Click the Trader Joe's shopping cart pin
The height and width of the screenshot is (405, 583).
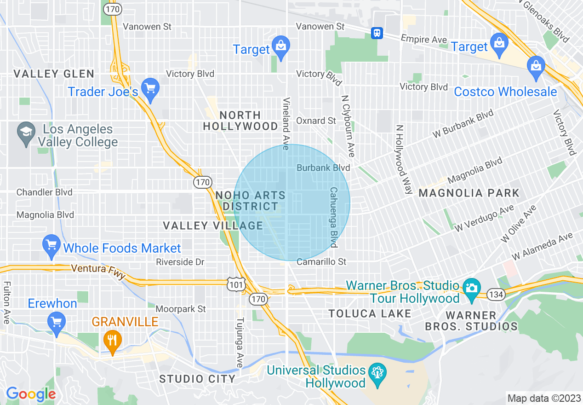pos(150,87)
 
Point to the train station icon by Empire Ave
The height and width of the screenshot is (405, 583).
pos(377,33)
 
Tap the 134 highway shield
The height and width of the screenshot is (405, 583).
pos(497,294)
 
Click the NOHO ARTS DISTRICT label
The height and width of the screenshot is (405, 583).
pos(250,201)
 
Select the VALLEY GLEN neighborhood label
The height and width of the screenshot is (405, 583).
pos(54,74)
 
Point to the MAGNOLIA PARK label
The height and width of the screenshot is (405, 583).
pos(469,193)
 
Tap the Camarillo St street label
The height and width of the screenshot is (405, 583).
pos(321,262)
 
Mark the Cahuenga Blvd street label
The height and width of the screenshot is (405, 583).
pos(333,216)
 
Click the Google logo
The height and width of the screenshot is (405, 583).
pos(31,394)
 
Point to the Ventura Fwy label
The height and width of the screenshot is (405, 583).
pos(98,270)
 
